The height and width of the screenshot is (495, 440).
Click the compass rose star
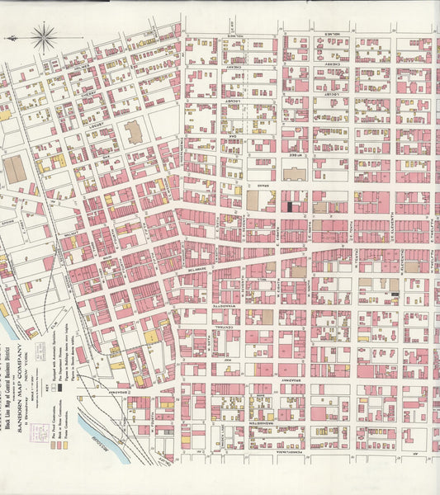coord(43,36)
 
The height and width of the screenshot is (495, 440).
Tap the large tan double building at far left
coord(15,170)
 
